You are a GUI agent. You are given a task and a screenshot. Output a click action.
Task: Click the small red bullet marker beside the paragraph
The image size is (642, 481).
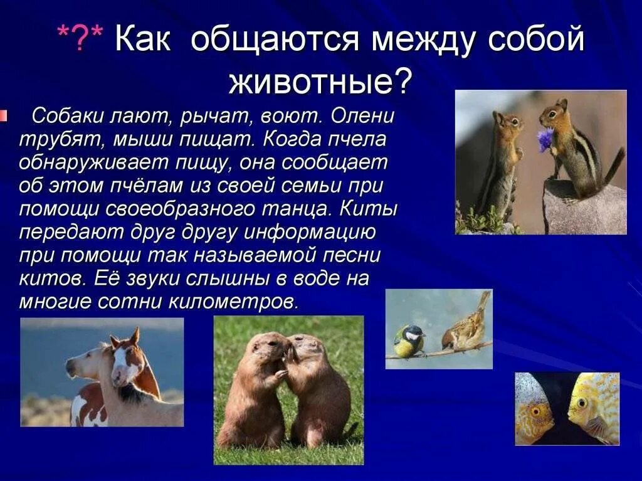tap(4, 115)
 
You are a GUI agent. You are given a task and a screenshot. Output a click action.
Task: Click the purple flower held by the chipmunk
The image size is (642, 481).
tap(545, 139)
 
